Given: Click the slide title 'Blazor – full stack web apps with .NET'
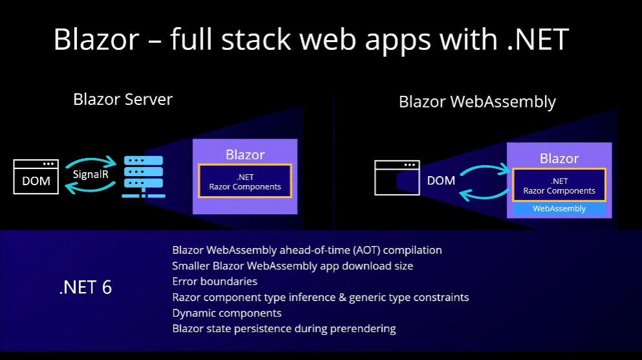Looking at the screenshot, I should (311, 39).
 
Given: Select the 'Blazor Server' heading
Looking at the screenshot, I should (123, 99).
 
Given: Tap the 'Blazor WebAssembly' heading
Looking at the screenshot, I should (477, 102).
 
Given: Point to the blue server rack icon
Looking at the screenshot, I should (143, 176).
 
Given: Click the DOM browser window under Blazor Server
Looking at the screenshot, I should (36, 177).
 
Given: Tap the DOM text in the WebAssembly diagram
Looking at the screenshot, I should (441, 181).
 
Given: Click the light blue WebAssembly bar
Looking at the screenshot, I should (559, 208).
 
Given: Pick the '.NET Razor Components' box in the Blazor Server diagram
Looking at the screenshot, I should (245, 181).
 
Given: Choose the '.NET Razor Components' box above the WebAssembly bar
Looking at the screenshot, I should (559, 185).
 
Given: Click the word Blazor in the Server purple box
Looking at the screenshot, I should (245, 155).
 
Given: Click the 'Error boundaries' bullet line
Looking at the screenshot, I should (215, 282).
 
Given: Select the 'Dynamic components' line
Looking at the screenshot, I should (227, 313).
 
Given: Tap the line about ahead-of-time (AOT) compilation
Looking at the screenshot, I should (307, 250).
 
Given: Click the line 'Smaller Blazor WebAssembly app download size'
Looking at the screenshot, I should (293, 265).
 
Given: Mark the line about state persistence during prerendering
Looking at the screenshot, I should (283, 328).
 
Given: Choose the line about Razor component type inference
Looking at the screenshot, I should (320, 297).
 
